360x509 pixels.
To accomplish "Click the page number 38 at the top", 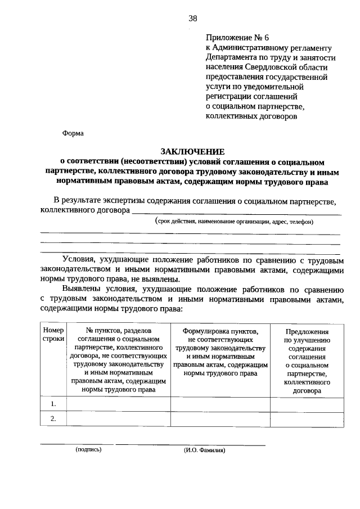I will (x=193, y=18).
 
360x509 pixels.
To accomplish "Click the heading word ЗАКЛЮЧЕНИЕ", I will (x=192, y=151).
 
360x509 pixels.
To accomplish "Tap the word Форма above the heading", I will (x=73, y=134).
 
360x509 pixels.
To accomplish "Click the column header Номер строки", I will (x=53, y=335).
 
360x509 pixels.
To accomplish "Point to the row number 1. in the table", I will (x=53, y=404).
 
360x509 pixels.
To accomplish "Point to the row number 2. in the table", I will (x=53, y=419).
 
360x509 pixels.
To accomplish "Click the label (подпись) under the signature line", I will (x=88, y=450).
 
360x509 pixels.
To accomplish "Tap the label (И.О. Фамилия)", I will (x=204, y=450).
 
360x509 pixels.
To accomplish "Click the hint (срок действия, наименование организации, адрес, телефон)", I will (x=235, y=222).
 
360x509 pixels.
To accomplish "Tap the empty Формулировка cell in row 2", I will (x=220, y=419).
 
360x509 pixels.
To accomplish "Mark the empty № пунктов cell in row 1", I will (x=118, y=404).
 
